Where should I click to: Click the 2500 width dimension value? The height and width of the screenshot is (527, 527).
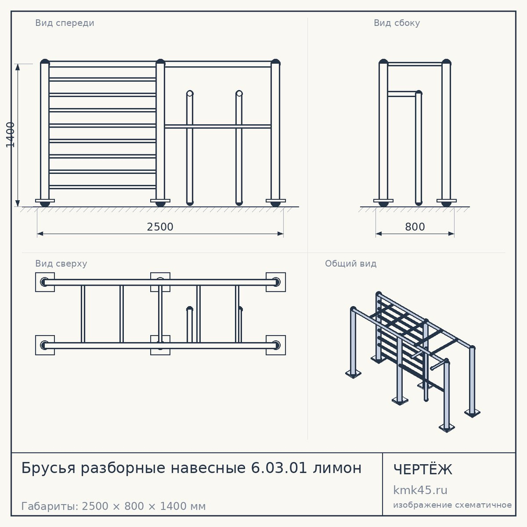pos(160,227)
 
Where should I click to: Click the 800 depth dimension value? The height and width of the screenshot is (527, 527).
pos(415,227)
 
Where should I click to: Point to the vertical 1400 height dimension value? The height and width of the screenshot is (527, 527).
pos(11,135)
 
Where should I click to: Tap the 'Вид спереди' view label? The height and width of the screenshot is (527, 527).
pos(64,23)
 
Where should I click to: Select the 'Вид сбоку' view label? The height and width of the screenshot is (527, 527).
pos(397,23)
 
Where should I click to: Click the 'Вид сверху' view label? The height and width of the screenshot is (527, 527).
pos(61,263)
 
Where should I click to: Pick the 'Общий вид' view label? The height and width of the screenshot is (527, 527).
pos(350,263)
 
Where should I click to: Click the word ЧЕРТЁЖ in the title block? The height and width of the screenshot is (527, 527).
pos(423,469)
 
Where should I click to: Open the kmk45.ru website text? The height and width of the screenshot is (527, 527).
pos(420,490)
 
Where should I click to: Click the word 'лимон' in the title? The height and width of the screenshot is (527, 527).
pos(337,468)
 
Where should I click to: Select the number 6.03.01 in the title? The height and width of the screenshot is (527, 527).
pos(279,468)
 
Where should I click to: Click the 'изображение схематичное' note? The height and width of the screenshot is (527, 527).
pos(452,505)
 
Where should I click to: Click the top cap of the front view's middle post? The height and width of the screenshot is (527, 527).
pos(160,62)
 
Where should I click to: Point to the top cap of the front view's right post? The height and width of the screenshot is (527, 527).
pos(275,62)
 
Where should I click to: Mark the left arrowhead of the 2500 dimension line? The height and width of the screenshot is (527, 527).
pos(40,233)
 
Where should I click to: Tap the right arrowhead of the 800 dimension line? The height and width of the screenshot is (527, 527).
pos(452,233)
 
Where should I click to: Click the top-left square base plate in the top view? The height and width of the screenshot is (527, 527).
pos(45,282)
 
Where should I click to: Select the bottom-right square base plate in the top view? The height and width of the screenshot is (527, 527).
pos(276,345)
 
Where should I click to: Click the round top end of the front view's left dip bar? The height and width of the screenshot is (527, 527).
pos(190,93)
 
